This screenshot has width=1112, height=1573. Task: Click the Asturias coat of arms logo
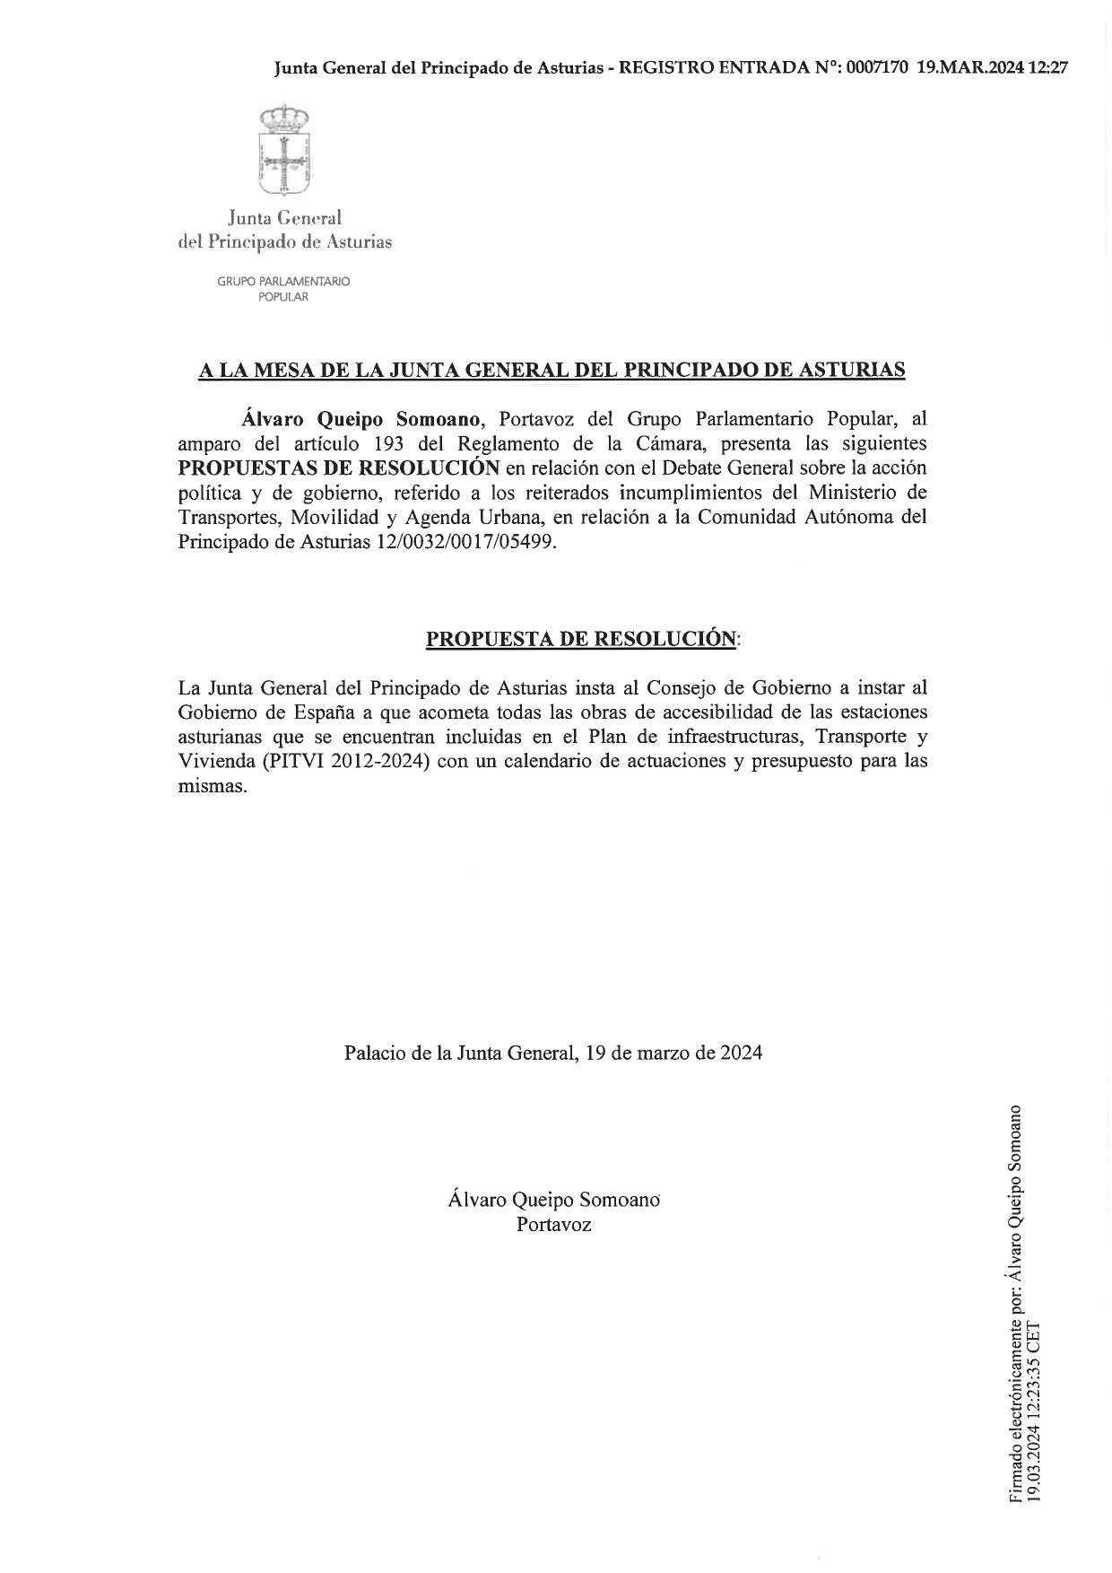click(x=283, y=150)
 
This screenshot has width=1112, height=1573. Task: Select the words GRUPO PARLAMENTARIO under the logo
click(x=283, y=281)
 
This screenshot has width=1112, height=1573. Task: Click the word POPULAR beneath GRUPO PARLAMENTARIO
click(x=283, y=297)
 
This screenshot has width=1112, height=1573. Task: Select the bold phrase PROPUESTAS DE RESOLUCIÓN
click(x=339, y=468)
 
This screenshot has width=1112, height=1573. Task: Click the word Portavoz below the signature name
click(x=553, y=1224)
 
